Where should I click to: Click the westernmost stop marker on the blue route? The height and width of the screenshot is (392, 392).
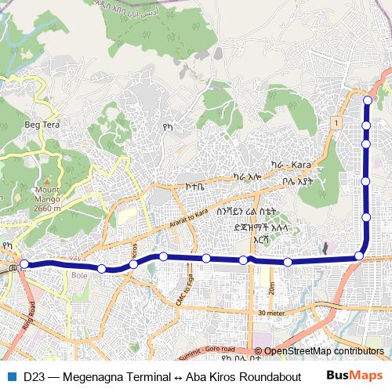click(x=24, y=264)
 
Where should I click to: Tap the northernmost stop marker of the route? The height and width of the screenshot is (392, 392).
click(x=366, y=100)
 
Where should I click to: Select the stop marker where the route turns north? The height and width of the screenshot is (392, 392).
click(x=359, y=255)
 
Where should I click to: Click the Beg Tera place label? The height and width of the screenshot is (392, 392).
click(x=42, y=125)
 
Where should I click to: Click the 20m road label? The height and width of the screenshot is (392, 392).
click(x=270, y=289)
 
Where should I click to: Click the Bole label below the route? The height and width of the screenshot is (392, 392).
click(x=80, y=275)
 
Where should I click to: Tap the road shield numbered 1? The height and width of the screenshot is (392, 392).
click(x=335, y=124)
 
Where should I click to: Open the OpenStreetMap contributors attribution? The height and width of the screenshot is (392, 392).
click(x=324, y=351)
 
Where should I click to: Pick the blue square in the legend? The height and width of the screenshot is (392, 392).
click(x=11, y=376)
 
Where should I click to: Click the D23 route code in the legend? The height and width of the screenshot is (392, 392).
click(x=34, y=376)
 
